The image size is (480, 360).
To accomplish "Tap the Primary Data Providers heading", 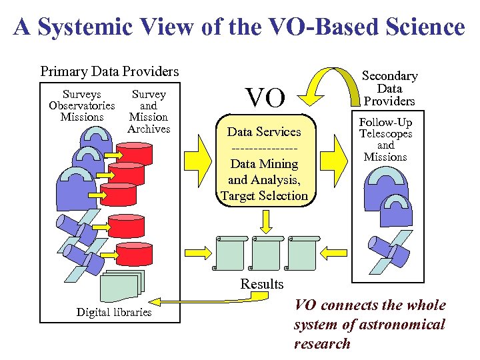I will click(110, 71).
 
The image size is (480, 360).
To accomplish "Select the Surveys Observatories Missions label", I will click(82, 106).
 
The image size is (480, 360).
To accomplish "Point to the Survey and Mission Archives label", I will click(149, 111).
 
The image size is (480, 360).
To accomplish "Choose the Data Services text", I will click(265, 132).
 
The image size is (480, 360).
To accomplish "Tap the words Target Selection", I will click(265, 195).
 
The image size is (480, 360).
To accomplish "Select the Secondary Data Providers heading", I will click(389, 89).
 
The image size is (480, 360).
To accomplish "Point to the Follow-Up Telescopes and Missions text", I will click(385, 139).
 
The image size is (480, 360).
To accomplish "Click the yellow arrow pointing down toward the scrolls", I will click(265, 219).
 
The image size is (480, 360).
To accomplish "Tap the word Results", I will click(262, 284).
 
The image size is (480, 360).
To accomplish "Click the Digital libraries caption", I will click(114, 312).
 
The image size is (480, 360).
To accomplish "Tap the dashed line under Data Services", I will click(265, 147).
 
